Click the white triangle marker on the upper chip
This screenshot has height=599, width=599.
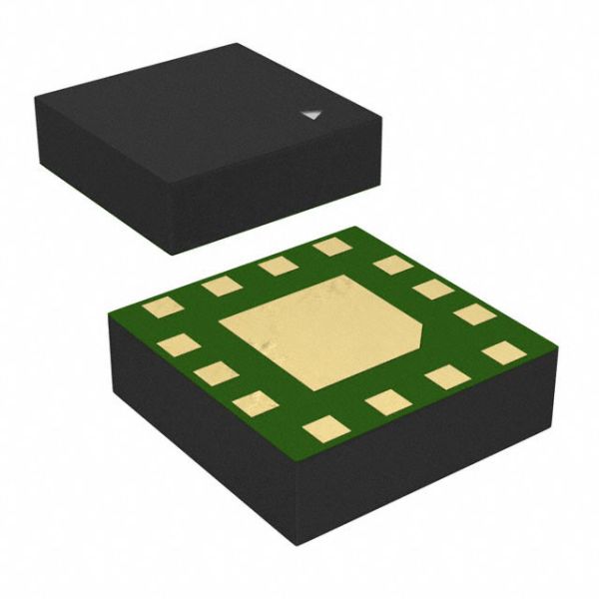point(312,116)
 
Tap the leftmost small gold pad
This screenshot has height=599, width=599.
point(162,306)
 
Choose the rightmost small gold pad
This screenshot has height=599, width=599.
point(503,351)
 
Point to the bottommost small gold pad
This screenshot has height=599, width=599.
point(325,429)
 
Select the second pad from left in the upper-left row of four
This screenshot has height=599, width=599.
point(222,286)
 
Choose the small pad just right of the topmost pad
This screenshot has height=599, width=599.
point(394,265)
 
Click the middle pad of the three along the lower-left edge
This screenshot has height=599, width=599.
point(216,373)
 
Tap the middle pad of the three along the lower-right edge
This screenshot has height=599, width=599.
point(446,376)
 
